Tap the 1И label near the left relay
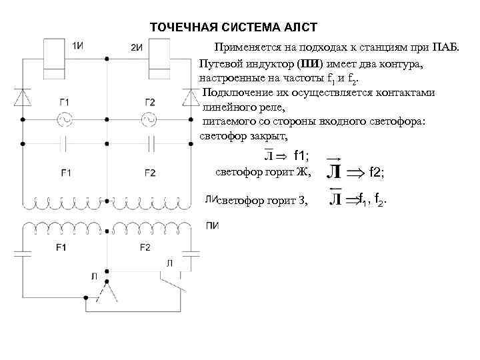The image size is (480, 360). point(77,45)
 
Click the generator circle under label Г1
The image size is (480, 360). point(65,119)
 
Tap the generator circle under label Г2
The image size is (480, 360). point(149,119)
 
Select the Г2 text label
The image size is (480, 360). point(149,102)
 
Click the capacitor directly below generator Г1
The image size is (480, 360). point(65,142)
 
